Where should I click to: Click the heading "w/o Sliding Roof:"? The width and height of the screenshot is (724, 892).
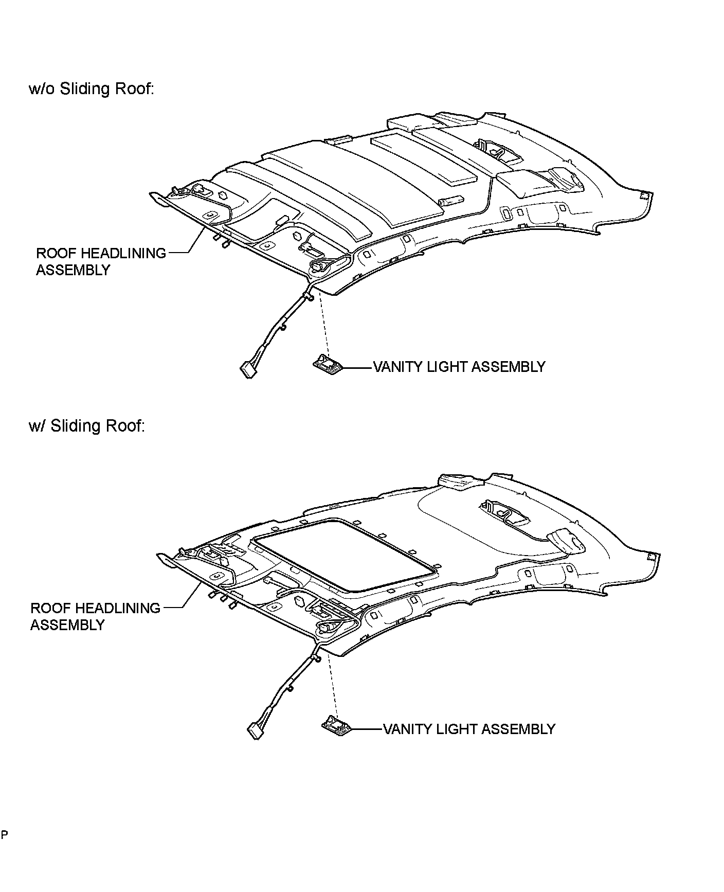pyautogui.click(x=92, y=89)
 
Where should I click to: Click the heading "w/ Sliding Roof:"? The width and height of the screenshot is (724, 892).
pyautogui.click(x=87, y=426)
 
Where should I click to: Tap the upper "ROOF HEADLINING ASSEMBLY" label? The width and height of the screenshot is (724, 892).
pyautogui.click(x=101, y=261)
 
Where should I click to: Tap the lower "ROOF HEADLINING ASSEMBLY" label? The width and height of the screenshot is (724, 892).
pyautogui.click(x=95, y=616)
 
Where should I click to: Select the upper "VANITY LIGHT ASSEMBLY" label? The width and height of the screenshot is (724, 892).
pyautogui.click(x=459, y=367)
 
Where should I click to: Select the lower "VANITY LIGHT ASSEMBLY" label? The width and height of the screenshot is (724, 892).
pyautogui.click(x=469, y=729)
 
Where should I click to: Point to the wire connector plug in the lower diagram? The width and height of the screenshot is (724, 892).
pyautogui.click(x=256, y=731)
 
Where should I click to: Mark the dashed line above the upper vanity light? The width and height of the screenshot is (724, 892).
pyautogui.click(x=323, y=324)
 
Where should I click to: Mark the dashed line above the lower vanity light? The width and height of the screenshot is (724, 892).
pyautogui.click(x=332, y=687)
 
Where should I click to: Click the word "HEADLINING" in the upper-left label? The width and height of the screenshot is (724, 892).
pyautogui.click(x=123, y=253)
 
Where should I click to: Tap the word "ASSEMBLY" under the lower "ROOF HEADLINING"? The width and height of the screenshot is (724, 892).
pyautogui.click(x=67, y=625)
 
